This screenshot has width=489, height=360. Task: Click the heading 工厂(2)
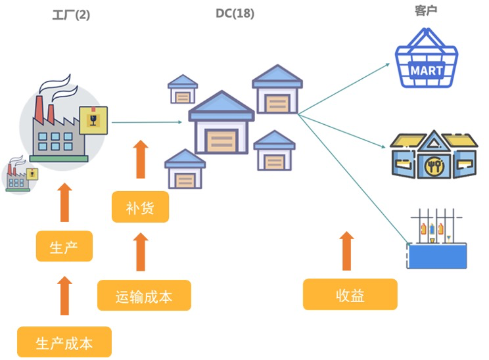pyautogui.click(x=70, y=15)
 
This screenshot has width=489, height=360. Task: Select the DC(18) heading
pyautogui.click(x=235, y=13)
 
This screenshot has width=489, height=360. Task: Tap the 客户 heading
pyautogui.click(x=426, y=11)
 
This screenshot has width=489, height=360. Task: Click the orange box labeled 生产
pyautogui.click(x=64, y=247)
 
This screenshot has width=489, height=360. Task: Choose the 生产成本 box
pyautogui.click(x=64, y=342)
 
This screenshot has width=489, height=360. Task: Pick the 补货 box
pyautogui.click(x=140, y=207)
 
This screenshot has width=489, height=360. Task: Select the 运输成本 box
pyautogui.click(x=144, y=296)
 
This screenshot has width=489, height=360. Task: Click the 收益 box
pyautogui.click(x=350, y=294)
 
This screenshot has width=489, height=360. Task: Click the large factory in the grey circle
pyautogui.click(x=56, y=125)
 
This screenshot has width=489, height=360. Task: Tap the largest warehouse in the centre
pyautogui.click(x=221, y=125)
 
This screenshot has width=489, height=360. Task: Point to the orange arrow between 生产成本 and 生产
pyautogui.click(x=64, y=295)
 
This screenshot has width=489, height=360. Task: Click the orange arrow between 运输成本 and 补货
pyautogui.click(x=140, y=252)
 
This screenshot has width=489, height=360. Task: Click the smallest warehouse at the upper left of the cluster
pyautogui.click(x=183, y=89)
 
